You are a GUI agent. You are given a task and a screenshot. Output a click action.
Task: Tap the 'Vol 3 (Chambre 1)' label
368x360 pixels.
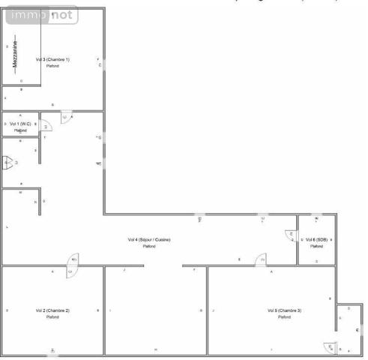(52, 59)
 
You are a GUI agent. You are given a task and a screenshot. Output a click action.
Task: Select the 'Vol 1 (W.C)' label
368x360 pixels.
(20, 123)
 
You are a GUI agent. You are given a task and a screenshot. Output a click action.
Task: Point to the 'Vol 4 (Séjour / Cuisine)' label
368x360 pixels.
(149, 239)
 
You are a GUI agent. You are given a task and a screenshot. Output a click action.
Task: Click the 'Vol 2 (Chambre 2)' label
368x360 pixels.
(52, 310)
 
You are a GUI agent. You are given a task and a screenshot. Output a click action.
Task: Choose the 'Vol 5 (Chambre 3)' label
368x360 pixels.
(284, 310)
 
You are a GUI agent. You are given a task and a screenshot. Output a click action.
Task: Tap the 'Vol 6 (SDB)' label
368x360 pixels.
(316, 239)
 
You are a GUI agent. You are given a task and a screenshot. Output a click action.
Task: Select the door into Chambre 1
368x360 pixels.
(66, 117)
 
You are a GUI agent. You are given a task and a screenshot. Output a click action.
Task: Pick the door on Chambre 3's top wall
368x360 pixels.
(262, 260)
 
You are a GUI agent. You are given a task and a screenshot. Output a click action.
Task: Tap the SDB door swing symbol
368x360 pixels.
(291, 235)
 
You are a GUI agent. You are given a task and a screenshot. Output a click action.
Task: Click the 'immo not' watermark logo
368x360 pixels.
(37, 14)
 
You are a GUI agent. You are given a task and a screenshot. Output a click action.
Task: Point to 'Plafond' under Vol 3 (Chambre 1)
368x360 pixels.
(52, 66)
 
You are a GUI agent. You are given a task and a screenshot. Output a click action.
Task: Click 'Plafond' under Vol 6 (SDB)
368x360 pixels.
(316, 246)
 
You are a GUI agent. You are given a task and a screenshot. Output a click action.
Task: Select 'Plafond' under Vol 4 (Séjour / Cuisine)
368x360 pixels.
(149, 246)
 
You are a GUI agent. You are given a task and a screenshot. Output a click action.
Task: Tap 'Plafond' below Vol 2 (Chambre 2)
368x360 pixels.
(52, 316)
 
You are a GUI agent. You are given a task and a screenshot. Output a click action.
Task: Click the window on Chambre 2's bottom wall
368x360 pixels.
(52, 351)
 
